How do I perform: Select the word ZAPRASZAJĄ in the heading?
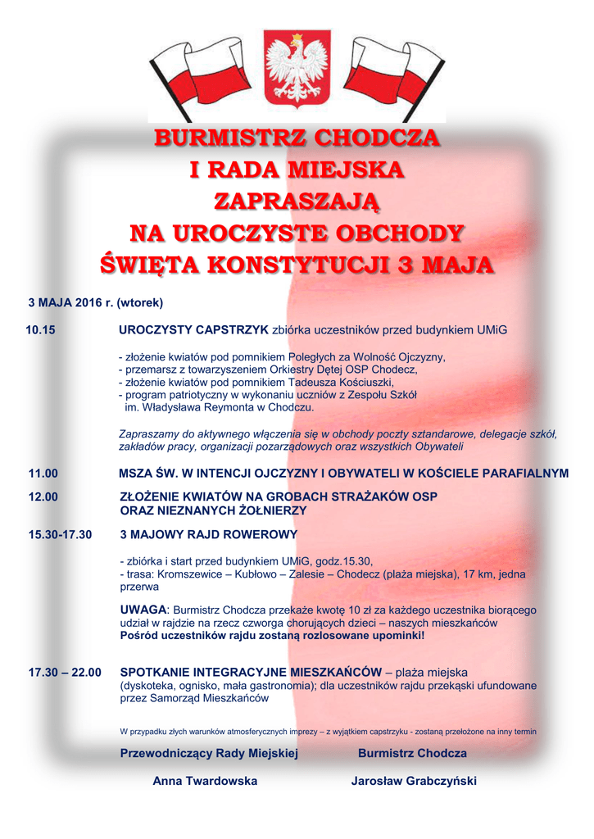pyautogui.click(x=297, y=202)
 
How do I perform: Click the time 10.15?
pyautogui.click(x=41, y=330)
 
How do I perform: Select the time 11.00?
pyautogui.click(x=43, y=474)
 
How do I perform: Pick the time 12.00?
pyautogui.click(x=43, y=497)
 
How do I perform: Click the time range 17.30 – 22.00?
pyautogui.click(x=65, y=673)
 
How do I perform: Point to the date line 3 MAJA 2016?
pyautogui.click(x=96, y=303)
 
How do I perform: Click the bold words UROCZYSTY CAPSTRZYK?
pyautogui.click(x=194, y=330)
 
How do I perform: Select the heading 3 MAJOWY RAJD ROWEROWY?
pyautogui.click(x=209, y=535)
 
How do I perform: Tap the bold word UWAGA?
pyautogui.click(x=143, y=610)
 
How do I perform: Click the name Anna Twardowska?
pyautogui.click(x=205, y=782)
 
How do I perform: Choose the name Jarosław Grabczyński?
pyautogui.click(x=414, y=782)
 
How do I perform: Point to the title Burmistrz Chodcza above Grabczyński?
pyautogui.click(x=412, y=754)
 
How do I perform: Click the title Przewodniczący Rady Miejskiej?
pyautogui.click(x=209, y=754)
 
